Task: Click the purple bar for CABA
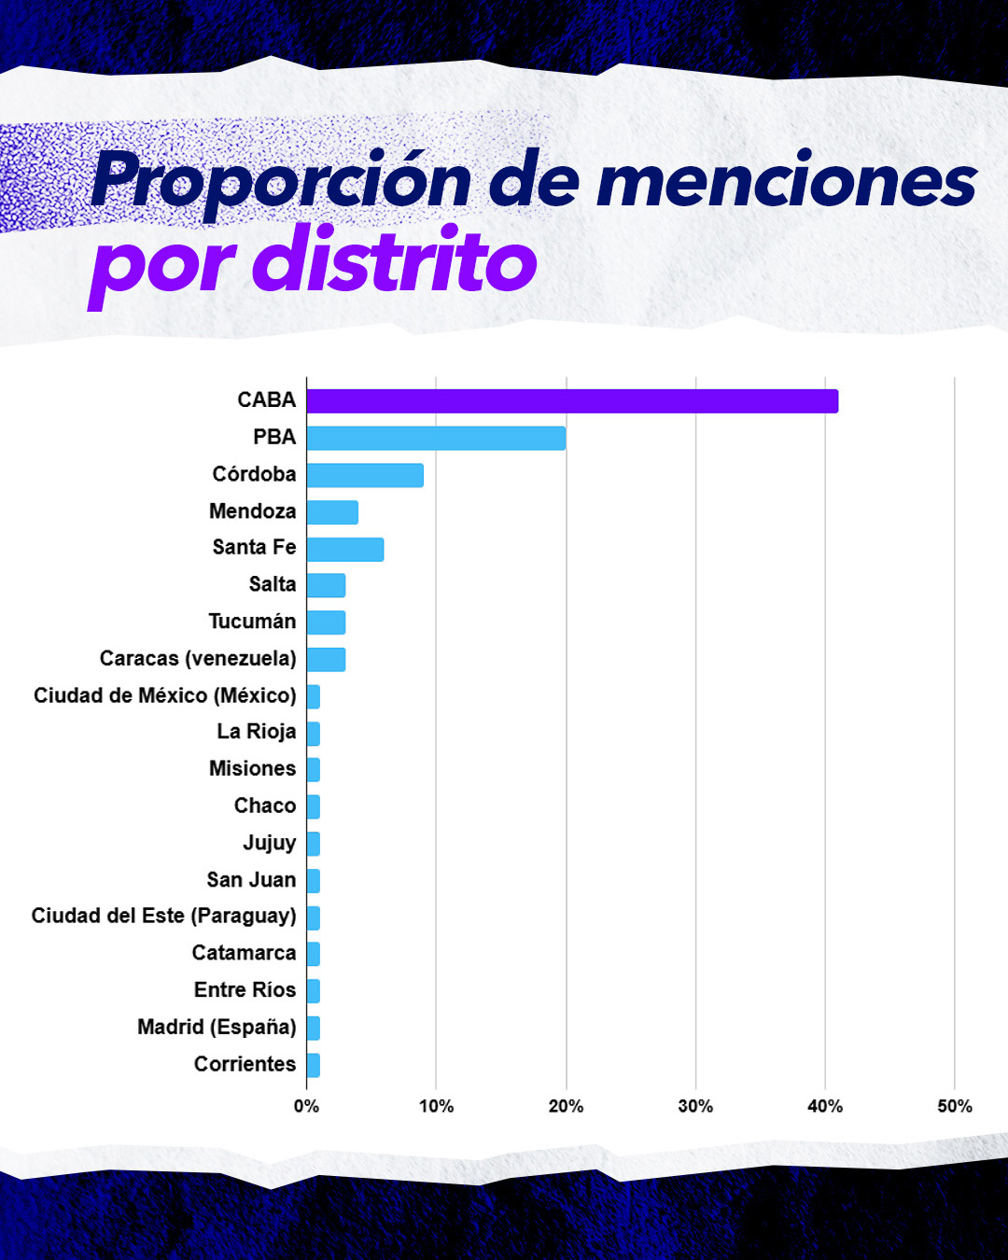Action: (x=572, y=401)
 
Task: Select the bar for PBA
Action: (x=436, y=438)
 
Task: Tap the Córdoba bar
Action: (x=365, y=475)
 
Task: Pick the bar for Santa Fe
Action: (x=345, y=549)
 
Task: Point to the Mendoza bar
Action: (x=332, y=512)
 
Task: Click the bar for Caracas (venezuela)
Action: (x=326, y=659)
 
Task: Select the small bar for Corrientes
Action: (x=314, y=1065)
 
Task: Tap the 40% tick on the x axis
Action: (x=825, y=1106)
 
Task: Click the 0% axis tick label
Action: (x=306, y=1106)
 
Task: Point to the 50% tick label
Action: (x=954, y=1106)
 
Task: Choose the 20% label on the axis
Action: (x=566, y=1106)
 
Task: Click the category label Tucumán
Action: (x=252, y=622)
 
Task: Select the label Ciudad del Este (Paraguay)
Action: (x=164, y=916)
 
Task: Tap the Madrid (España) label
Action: (x=217, y=1027)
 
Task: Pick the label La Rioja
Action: (x=257, y=732)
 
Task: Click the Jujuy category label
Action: (x=270, y=843)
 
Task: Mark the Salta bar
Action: (x=326, y=585)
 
